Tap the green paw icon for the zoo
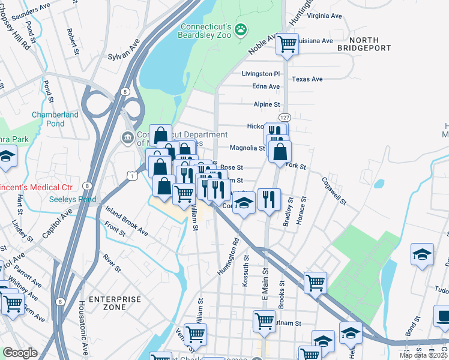pyautogui.click(x=241, y=29)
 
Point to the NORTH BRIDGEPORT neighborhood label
pyautogui.click(x=364, y=43)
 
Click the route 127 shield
pyautogui.click(x=285, y=118)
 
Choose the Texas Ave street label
pyautogui.click(x=307, y=79)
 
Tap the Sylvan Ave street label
pyautogui.click(x=124, y=52)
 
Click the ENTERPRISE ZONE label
pyautogui.click(x=115, y=302)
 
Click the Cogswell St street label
pyautogui.click(x=334, y=191)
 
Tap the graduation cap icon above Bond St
pyautogui.click(x=422, y=254)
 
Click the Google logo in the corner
pyautogui.click(x=20, y=353)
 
